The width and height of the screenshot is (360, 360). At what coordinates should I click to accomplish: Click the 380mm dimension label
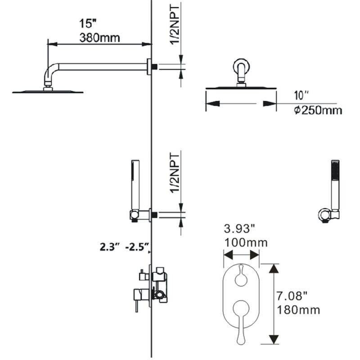click(x=99, y=38)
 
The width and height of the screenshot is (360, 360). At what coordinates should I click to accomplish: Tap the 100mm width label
click(x=246, y=243)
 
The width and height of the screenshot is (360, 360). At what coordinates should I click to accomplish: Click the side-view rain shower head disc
click(x=48, y=91)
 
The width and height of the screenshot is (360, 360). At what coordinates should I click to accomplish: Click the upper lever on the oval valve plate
click(x=241, y=274)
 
